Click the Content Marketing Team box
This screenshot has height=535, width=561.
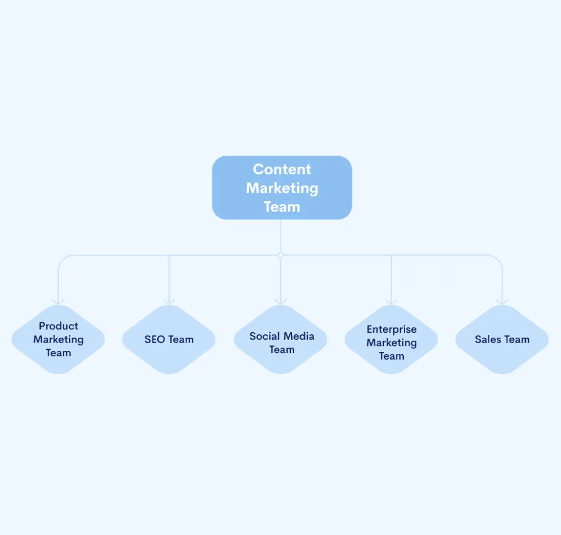[282, 187]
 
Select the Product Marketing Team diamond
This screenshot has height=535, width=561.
[58, 339]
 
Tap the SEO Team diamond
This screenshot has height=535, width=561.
[169, 339]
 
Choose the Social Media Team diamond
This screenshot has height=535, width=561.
[281, 339]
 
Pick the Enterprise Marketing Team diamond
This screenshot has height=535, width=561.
[391, 339]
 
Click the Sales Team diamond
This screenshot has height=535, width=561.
[502, 339]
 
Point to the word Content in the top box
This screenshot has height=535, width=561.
[282, 169]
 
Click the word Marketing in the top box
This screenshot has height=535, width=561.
[282, 189]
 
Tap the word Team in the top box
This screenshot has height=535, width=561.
[282, 207]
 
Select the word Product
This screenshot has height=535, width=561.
[58, 326]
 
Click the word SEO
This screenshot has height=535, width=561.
[154, 339]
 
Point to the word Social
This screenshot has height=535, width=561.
[264, 336]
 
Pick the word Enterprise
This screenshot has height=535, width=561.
[391, 329]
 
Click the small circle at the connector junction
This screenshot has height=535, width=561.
[280, 255]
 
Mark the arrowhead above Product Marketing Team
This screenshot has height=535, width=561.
[58, 302]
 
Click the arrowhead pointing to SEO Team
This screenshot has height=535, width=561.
[169, 302]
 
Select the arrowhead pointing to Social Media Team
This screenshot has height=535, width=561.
[280, 302]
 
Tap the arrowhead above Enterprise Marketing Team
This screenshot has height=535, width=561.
[391, 302]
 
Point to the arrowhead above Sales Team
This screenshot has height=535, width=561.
[502, 302]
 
